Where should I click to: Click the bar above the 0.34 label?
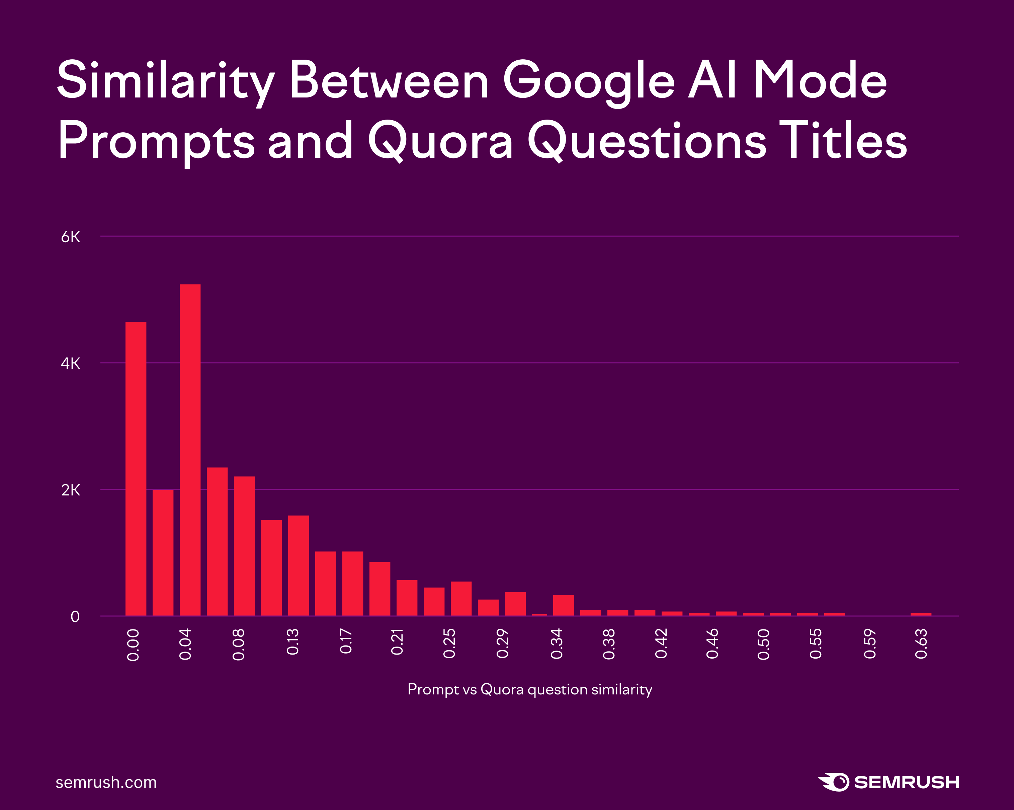pos(564,605)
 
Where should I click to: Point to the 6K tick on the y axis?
pos(71,237)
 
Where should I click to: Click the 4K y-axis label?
pos(71,363)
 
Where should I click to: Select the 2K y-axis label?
pos(71,490)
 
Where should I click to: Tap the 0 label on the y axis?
pos(75,617)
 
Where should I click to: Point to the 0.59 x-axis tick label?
pos(870,644)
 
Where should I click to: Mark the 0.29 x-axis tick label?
pos(503,644)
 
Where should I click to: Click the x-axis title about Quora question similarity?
pos(529,689)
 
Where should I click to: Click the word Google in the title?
pos(589,81)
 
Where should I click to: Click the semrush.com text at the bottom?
pos(106,782)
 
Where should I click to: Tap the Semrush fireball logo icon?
pos(834,782)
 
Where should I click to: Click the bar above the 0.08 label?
pos(244,546)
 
